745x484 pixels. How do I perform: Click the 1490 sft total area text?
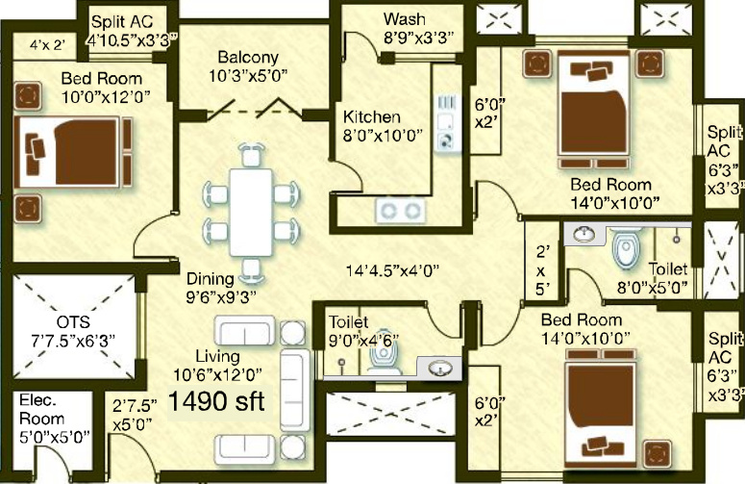[x=218, y=400]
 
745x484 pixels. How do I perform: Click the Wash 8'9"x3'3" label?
[x=404, y=29]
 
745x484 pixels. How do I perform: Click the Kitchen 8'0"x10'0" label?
[x=384, y=126]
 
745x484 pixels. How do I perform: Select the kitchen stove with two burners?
[x=400, y=209]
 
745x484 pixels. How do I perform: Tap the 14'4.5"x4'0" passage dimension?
[x=394, y=270]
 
